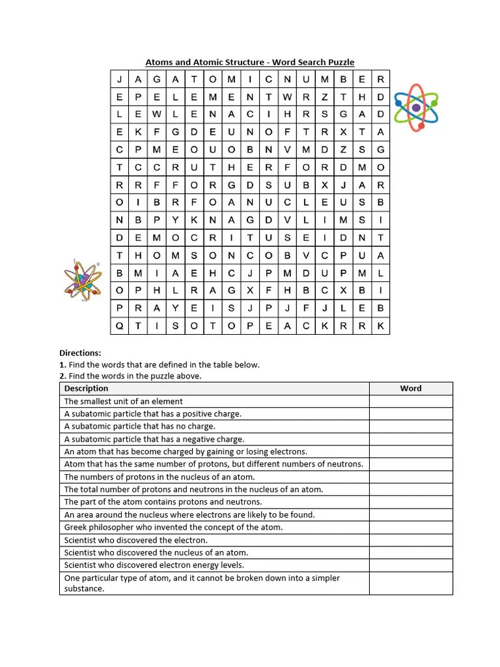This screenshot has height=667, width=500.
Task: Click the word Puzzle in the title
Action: click(x=340, y=63)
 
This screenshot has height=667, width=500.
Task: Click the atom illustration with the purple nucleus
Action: click(x=417, y=107)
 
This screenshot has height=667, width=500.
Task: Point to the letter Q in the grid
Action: click(x=119, y=326)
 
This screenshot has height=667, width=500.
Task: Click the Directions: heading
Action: click(x=81, y=353)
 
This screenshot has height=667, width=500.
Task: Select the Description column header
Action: click(x=86, y=389)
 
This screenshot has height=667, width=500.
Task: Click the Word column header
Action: click(x=410, y=389)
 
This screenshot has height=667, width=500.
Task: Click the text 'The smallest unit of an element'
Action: click(x=124, y=402)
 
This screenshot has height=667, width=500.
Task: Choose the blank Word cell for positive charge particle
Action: click(x=410, y=414)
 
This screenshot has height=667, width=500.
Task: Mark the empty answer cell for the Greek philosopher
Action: click(x=410, y=528)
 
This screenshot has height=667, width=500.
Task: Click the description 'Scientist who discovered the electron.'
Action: click(x=136, y=540)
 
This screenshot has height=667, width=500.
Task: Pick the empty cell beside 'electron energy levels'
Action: click(x=410, y=565)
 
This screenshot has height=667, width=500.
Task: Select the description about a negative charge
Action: click(x=154, y=440)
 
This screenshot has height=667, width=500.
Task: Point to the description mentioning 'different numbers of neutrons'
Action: click(x=214, y=464)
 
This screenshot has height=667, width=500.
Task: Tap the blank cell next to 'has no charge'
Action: click(x=410, y=427)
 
